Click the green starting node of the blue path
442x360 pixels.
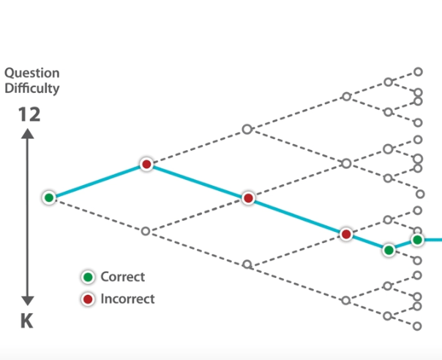click(49, 197)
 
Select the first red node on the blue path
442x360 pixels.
click(146, 165)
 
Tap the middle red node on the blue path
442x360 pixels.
click(248, 198)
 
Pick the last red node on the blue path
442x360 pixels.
click(346, 234)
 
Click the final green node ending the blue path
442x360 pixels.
click(417, 239)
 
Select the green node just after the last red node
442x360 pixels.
click(389, 250)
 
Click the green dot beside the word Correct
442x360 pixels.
click(88, 277)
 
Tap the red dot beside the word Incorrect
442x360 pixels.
click(88, 299)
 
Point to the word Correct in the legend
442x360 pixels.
click(122, 277)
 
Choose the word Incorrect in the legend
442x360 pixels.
click(127, 299)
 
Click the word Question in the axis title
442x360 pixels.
click(32, 74)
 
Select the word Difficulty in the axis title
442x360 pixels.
click(32, 89)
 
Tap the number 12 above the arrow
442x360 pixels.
click(29, 115)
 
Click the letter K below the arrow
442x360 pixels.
click(27, 321)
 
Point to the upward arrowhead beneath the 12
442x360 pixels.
click(28, 134)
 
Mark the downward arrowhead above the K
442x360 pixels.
click(28, 300)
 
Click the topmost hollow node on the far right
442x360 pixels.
click(418, 72)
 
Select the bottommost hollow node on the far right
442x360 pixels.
click(418, 326)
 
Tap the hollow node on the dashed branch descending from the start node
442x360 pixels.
click(146, 231)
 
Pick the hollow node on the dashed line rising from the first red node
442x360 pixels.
click(247, 130)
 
